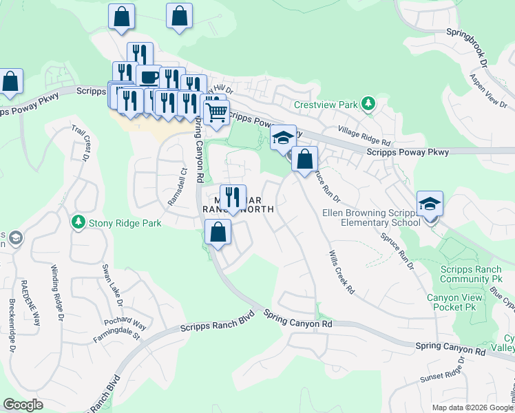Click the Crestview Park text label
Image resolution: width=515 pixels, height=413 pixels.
(326, 105)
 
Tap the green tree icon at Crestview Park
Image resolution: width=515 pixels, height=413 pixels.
(368, 103)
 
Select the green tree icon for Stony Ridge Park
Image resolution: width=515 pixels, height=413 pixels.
(78, 222)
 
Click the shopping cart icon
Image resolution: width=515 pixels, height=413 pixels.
(216, 112)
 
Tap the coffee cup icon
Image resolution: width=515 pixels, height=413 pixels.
(148, 76)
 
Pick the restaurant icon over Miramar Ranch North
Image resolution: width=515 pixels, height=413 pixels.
(233, 197)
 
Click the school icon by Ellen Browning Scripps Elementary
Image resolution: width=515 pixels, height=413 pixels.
(430, 204)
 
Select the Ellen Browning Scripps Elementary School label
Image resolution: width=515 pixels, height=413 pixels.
(371, 217)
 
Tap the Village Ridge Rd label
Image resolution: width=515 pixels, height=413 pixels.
(364, 134)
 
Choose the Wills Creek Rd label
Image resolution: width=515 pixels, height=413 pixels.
(341, 273)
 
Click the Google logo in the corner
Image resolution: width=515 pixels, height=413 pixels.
(23, 405)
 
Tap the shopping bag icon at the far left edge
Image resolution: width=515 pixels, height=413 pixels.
(11, 81)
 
